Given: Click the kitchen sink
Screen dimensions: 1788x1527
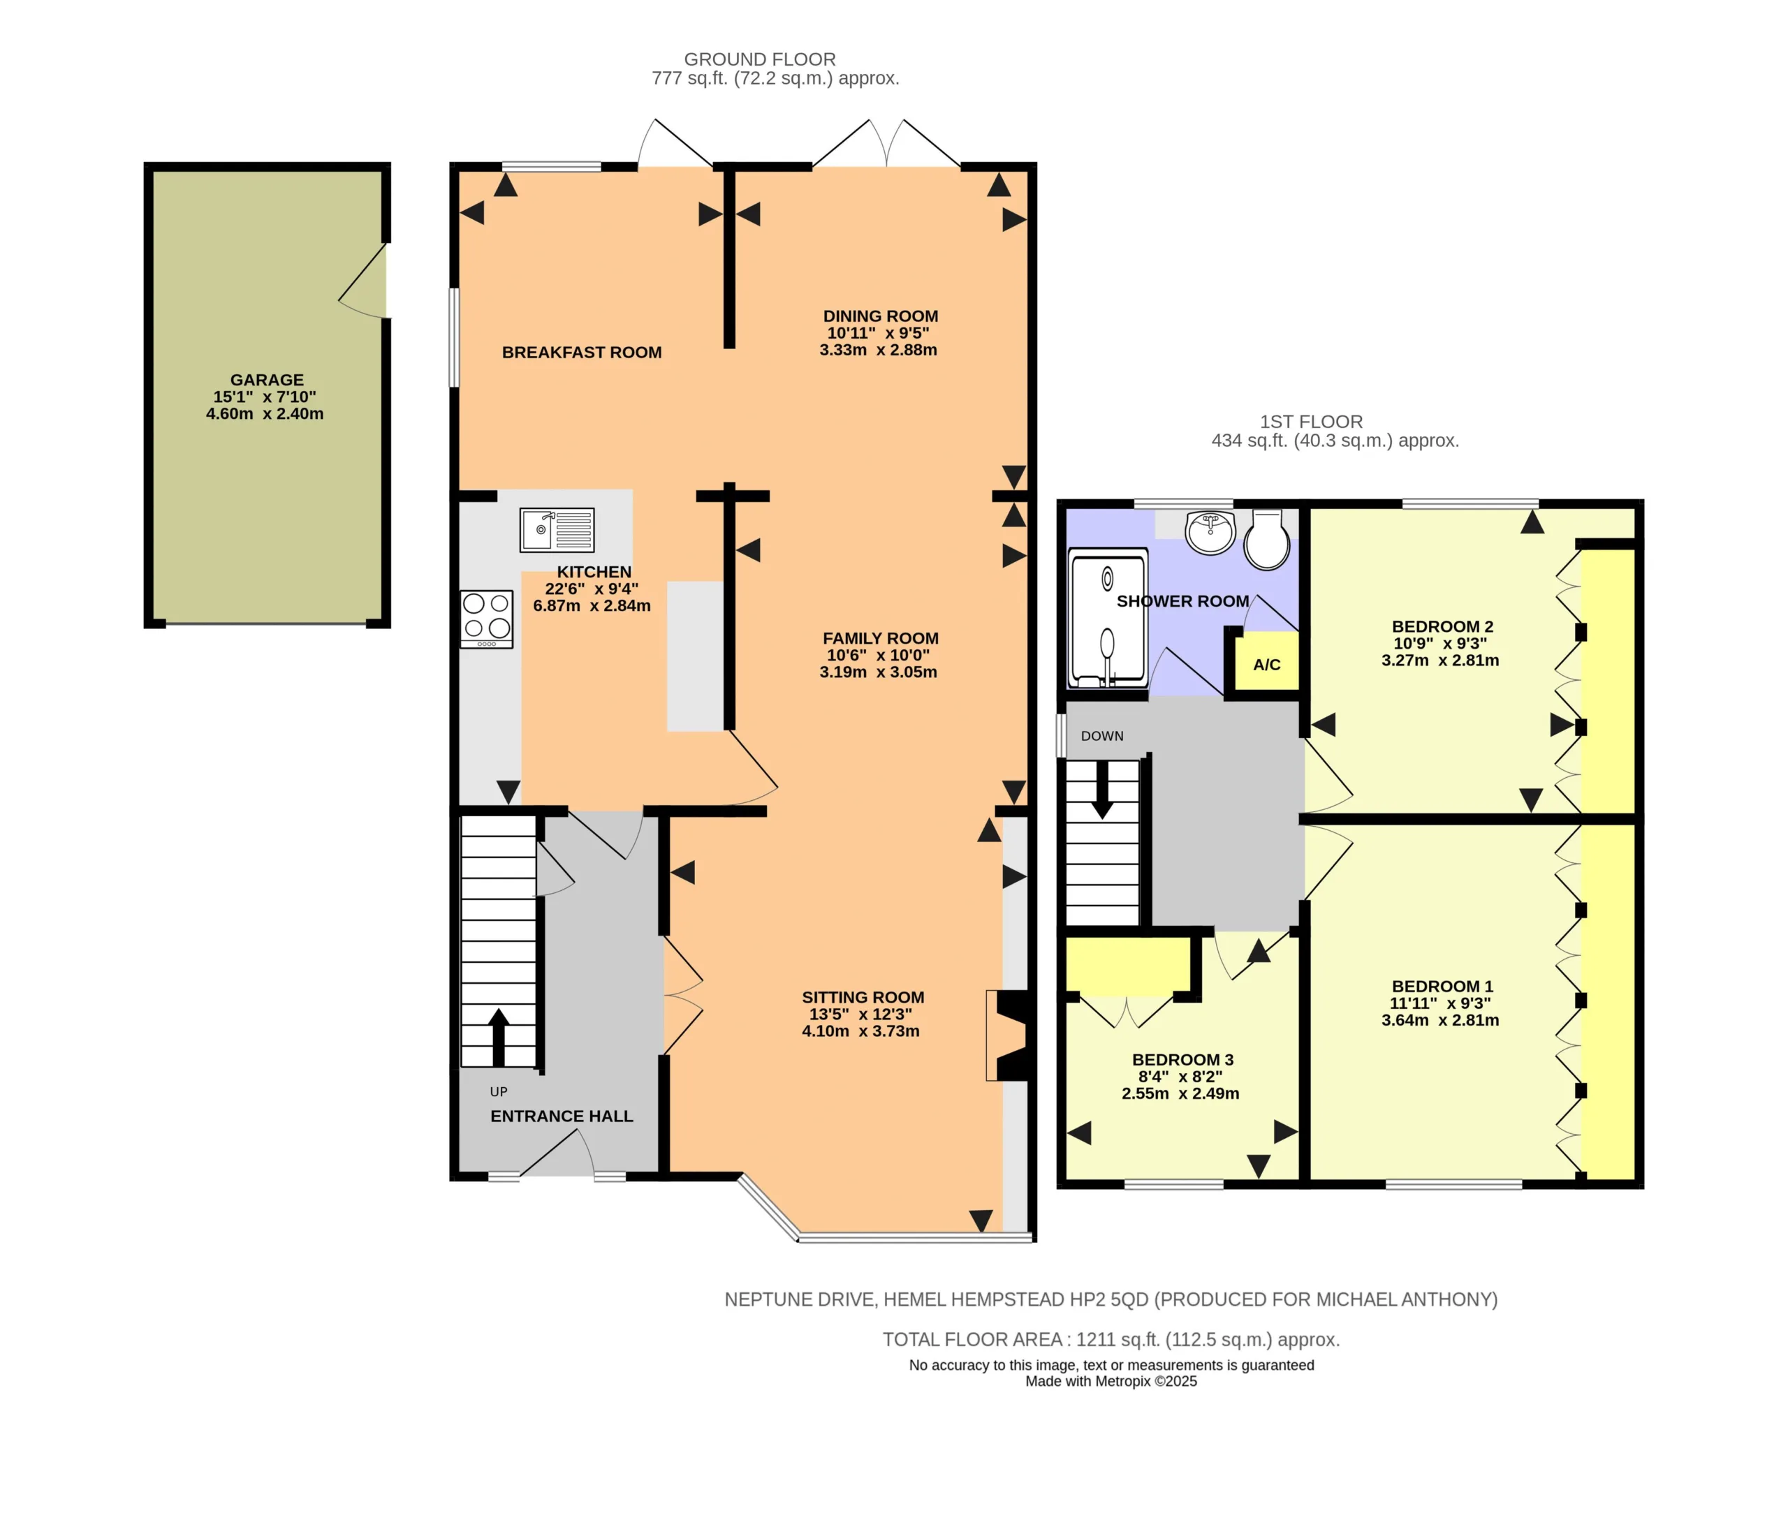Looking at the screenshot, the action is (557, 530).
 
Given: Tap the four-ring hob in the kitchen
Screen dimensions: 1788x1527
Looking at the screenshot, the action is (487, 619).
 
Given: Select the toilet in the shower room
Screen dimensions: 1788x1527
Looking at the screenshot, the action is (1267, 539).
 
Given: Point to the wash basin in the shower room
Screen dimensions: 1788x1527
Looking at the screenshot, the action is (1210, 531).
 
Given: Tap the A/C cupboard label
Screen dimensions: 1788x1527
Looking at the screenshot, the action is (1266, 664).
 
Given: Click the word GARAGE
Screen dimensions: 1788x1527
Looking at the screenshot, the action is (267, 380).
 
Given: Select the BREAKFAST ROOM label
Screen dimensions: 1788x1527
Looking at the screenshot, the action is (582, 352).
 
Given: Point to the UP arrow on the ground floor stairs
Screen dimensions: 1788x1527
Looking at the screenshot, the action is (499, 1037).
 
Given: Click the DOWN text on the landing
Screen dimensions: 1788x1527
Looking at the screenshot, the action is (1102, 736).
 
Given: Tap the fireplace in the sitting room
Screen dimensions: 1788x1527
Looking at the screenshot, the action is (1008, 1035).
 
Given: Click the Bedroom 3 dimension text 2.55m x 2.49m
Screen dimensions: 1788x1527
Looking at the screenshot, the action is (1180, 1093).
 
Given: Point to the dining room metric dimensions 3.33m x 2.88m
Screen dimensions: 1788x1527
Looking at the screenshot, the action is (879, 349).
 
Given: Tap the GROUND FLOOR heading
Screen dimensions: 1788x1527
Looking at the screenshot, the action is (759, 59).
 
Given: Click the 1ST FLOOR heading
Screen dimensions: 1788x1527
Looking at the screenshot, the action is (1311, 422).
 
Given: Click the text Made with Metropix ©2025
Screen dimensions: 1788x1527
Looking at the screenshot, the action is (1111, 1381).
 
